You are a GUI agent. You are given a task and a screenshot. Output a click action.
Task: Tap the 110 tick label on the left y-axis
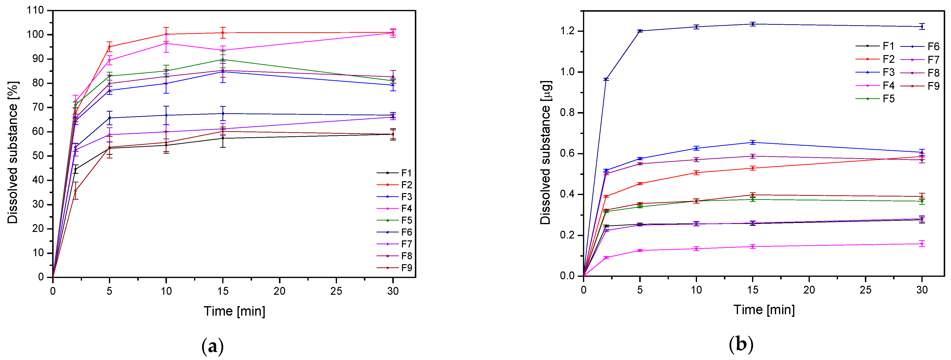pos(35,10)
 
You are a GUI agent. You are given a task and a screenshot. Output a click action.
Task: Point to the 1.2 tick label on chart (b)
pos(567,31)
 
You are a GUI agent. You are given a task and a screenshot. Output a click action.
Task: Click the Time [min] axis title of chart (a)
pos(234,311)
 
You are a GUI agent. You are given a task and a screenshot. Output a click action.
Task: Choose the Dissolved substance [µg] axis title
pos(545,152)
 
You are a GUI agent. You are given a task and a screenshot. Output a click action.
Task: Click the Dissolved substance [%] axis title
pos(13,152)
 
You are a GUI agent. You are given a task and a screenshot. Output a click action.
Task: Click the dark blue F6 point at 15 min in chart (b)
pos(753,24)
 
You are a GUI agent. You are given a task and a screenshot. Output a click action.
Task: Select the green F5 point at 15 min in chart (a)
pos(223,59)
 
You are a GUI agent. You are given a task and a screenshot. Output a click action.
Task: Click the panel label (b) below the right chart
pos(741,344)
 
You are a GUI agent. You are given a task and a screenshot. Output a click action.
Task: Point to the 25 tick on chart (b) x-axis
pos(865,290)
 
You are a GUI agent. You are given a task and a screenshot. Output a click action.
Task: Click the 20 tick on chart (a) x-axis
pos(279,291)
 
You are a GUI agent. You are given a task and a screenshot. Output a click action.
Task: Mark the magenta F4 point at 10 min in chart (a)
pos(166,43)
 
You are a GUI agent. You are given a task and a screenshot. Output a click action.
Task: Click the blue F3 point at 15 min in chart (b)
pos(753,142)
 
